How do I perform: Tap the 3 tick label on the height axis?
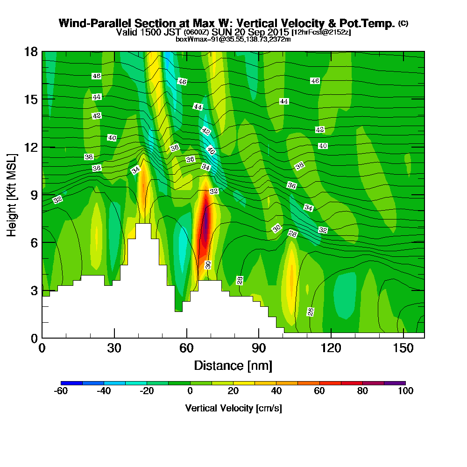pos(33,290)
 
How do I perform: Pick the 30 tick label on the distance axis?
pos(114,348)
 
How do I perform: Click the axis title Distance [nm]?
pos(233,365)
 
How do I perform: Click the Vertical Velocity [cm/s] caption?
pos(233,408)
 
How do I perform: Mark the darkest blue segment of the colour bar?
pos(71,383)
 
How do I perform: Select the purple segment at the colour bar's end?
pos(395,383)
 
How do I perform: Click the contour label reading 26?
pos(311,311)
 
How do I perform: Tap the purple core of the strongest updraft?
pos(205,226)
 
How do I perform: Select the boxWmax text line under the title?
pos(233,39)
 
